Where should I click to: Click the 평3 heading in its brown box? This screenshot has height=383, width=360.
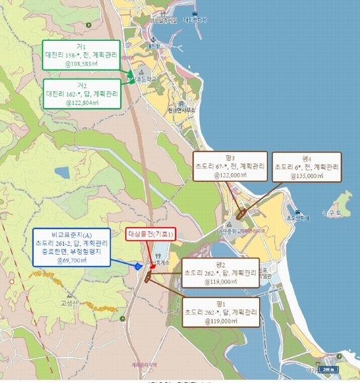(x=229, y=158)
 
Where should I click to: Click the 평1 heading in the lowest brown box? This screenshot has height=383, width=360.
(x=220, y=304)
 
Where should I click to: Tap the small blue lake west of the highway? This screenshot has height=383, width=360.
(x=62, y=172)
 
